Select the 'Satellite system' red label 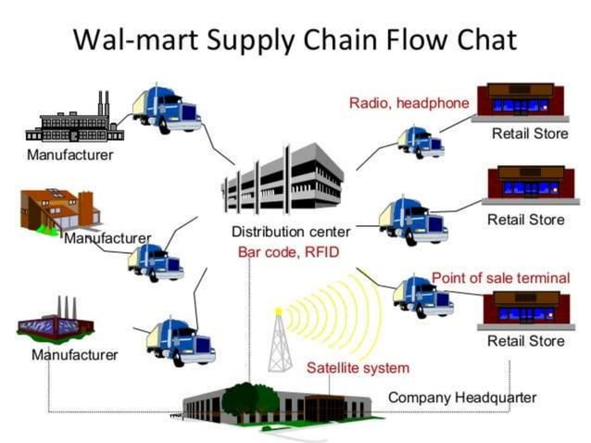coord(358,368)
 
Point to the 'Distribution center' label coord(291,232)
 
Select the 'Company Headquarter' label coord(461,398)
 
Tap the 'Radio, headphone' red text coord(409,103)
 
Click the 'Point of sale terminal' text coord(500,278)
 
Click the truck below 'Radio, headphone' coord(421,142)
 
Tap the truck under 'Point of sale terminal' coord(422,297)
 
